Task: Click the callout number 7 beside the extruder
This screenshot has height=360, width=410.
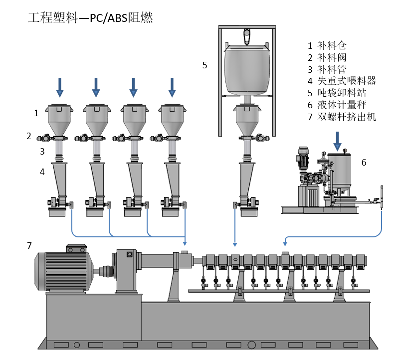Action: pos(29,245)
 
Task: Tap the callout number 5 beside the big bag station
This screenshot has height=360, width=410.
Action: pos(205,65)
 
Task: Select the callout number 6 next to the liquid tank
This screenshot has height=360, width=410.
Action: pos(364,162)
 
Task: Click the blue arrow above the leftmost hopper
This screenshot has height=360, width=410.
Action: pos(60,87)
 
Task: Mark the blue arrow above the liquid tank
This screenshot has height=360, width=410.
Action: pos(338,141)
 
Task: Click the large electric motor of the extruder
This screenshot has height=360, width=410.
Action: pos(62,269)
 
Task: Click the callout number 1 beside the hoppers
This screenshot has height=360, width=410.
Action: pos(36,113)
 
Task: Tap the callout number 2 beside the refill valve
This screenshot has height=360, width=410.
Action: pos(29,136)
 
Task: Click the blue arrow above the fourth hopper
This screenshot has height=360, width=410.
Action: pos(172,87)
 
